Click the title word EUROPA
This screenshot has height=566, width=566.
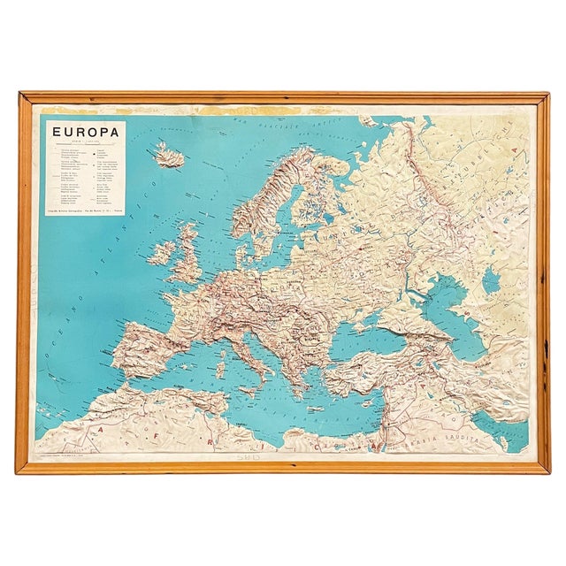click(81, 134)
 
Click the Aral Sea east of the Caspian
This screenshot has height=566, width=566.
click(492, 281)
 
